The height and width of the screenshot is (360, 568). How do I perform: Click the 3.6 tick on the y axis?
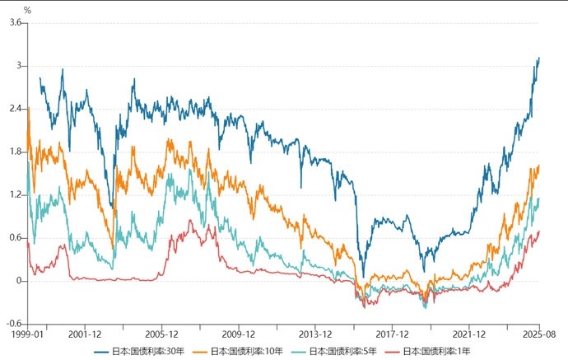(15, 23)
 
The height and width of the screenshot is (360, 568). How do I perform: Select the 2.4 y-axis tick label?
(15, 109)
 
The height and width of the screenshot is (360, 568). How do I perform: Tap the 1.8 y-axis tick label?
(15, 152)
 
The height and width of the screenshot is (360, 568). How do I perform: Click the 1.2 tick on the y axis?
(15, 194)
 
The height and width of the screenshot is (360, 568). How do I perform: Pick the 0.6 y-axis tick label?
(15, 237)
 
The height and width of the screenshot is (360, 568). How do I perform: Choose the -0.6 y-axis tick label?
(13, 324)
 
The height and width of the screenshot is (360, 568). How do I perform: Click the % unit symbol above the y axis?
(27, 10)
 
